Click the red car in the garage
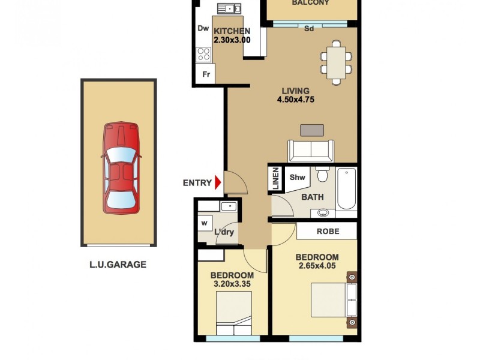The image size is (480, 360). [x=121, y=168]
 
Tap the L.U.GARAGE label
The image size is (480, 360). [x=118, y=265]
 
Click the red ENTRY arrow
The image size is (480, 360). [x=218, y=183]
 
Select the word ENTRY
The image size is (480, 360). [x=197, y=183]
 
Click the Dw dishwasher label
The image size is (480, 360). [x=203, y=28]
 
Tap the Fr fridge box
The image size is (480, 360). [x=206, y=74]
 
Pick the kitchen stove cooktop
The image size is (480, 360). [x=204, y=55]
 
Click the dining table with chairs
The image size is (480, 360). [x=335, y=62]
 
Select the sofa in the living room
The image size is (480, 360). [x=311, y=151]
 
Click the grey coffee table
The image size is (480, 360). [x=312, y=130]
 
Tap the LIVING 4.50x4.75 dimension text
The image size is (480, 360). [x=296, y=96]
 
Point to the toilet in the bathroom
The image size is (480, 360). [x=323, y=175]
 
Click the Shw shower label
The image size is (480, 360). [x=298, y=178]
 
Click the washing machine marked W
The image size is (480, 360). [x=205, y=223]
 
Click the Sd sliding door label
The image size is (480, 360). [x=309, y=28]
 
